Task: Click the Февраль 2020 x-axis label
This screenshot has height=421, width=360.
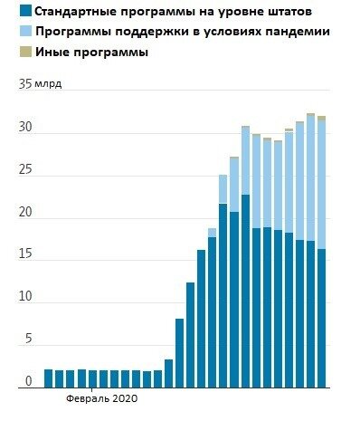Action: tap(99, 397)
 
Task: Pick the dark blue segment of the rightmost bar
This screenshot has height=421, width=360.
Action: tap(321, 317)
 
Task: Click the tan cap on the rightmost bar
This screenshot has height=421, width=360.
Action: tap(321, 118)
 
